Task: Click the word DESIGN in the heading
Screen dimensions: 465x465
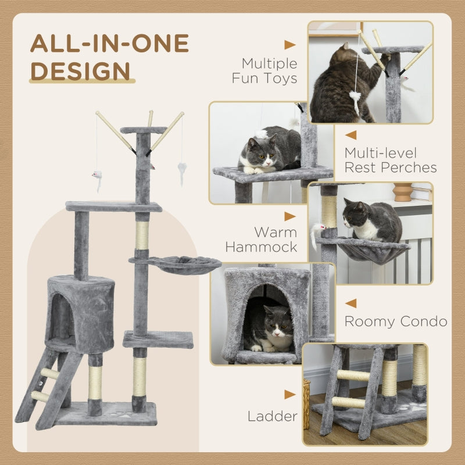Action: click(x=80, y=70)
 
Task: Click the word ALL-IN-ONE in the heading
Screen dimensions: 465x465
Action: click(x=109, y=44)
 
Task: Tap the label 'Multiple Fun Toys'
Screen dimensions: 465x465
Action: click(x=264, y=70)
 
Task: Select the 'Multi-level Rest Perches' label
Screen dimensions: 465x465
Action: click(x=390, y=160)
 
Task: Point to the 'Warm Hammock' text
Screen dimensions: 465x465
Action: click(x=261, y=239)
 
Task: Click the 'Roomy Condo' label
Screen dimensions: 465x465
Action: click(x=396, y=321)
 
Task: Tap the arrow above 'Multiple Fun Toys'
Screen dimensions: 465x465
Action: click(x=289, y=45)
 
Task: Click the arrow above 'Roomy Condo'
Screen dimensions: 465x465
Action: click(x=350, y=303)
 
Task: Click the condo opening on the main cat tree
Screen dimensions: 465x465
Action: click(x=60, y=317)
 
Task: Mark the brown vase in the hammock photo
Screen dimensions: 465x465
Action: click(x=402, y=192)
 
